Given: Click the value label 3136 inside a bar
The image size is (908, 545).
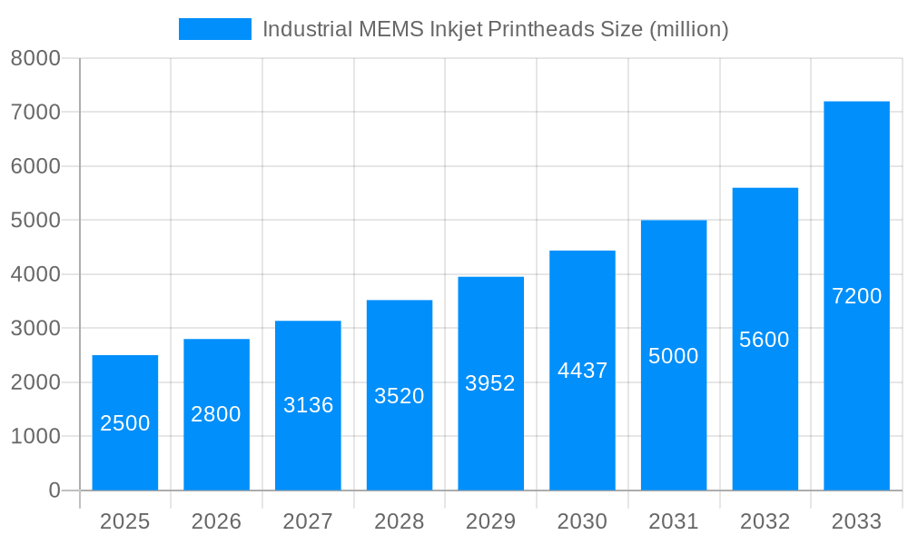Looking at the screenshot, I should (308, 405).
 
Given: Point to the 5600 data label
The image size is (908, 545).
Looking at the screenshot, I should (765, 340).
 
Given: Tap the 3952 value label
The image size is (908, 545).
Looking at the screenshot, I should (490, 383).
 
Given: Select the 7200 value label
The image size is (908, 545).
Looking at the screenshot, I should (856, 296).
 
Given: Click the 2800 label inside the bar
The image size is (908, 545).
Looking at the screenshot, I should (216, 414).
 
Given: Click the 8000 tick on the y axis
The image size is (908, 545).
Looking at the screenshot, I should (35, 59).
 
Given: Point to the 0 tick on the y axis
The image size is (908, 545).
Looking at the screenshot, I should (54, 490).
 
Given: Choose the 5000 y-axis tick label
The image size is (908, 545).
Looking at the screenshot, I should (35, 221).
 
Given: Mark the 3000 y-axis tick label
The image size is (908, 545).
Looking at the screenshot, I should (35, 329).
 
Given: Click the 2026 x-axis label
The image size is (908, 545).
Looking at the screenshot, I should (216, 521).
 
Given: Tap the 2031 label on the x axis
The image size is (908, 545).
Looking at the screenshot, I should (674, 521).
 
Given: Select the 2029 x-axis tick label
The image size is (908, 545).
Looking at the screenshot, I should (490, 521).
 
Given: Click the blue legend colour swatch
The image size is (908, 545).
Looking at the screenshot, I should (215, 29).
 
